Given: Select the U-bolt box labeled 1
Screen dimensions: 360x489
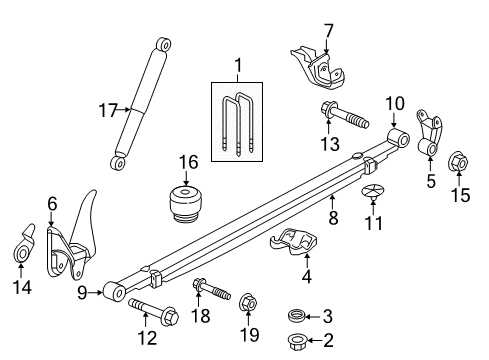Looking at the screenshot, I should pos(237,117).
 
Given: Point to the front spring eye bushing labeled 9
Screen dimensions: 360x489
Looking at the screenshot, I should pos(114,293).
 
